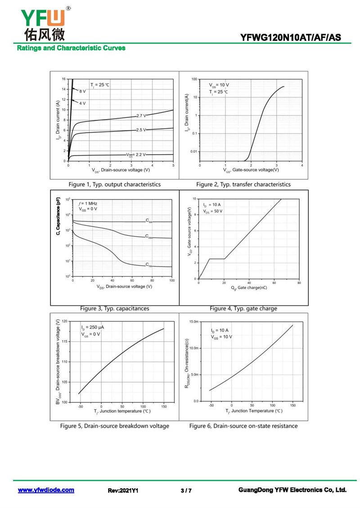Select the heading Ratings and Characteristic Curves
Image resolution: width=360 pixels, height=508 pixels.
point(71,48)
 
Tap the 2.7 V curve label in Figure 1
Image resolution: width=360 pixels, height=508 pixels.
point(141,116)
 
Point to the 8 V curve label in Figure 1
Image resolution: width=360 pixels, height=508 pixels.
point(82,91)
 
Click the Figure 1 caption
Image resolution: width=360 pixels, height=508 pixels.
point(114,184)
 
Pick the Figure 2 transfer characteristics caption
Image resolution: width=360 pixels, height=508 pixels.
point(243,184)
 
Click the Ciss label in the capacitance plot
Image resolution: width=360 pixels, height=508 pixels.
point(149,221)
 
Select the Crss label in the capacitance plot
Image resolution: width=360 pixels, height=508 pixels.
point(149,265)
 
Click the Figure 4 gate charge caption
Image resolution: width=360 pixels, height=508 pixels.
point(243,308)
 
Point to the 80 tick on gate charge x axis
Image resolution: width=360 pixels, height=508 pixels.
point(299,283)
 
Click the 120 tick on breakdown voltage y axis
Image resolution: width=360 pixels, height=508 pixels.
point(64,321)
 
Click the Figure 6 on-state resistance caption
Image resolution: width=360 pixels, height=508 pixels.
point(243,426)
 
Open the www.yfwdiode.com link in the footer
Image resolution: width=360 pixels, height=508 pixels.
point(46,490)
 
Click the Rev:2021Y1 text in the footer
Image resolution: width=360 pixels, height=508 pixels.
point(123,490)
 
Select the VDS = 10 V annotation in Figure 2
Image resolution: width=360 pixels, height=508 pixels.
point(219,85)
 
